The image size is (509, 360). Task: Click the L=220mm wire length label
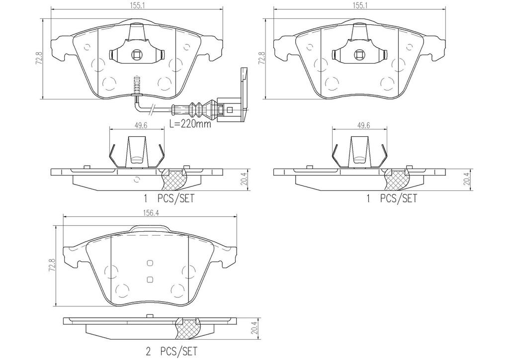point(190,124)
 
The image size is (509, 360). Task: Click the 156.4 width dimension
point(149,213)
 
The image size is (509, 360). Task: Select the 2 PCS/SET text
point(171,351)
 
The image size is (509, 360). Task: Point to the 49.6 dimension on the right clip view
point(363,125)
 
